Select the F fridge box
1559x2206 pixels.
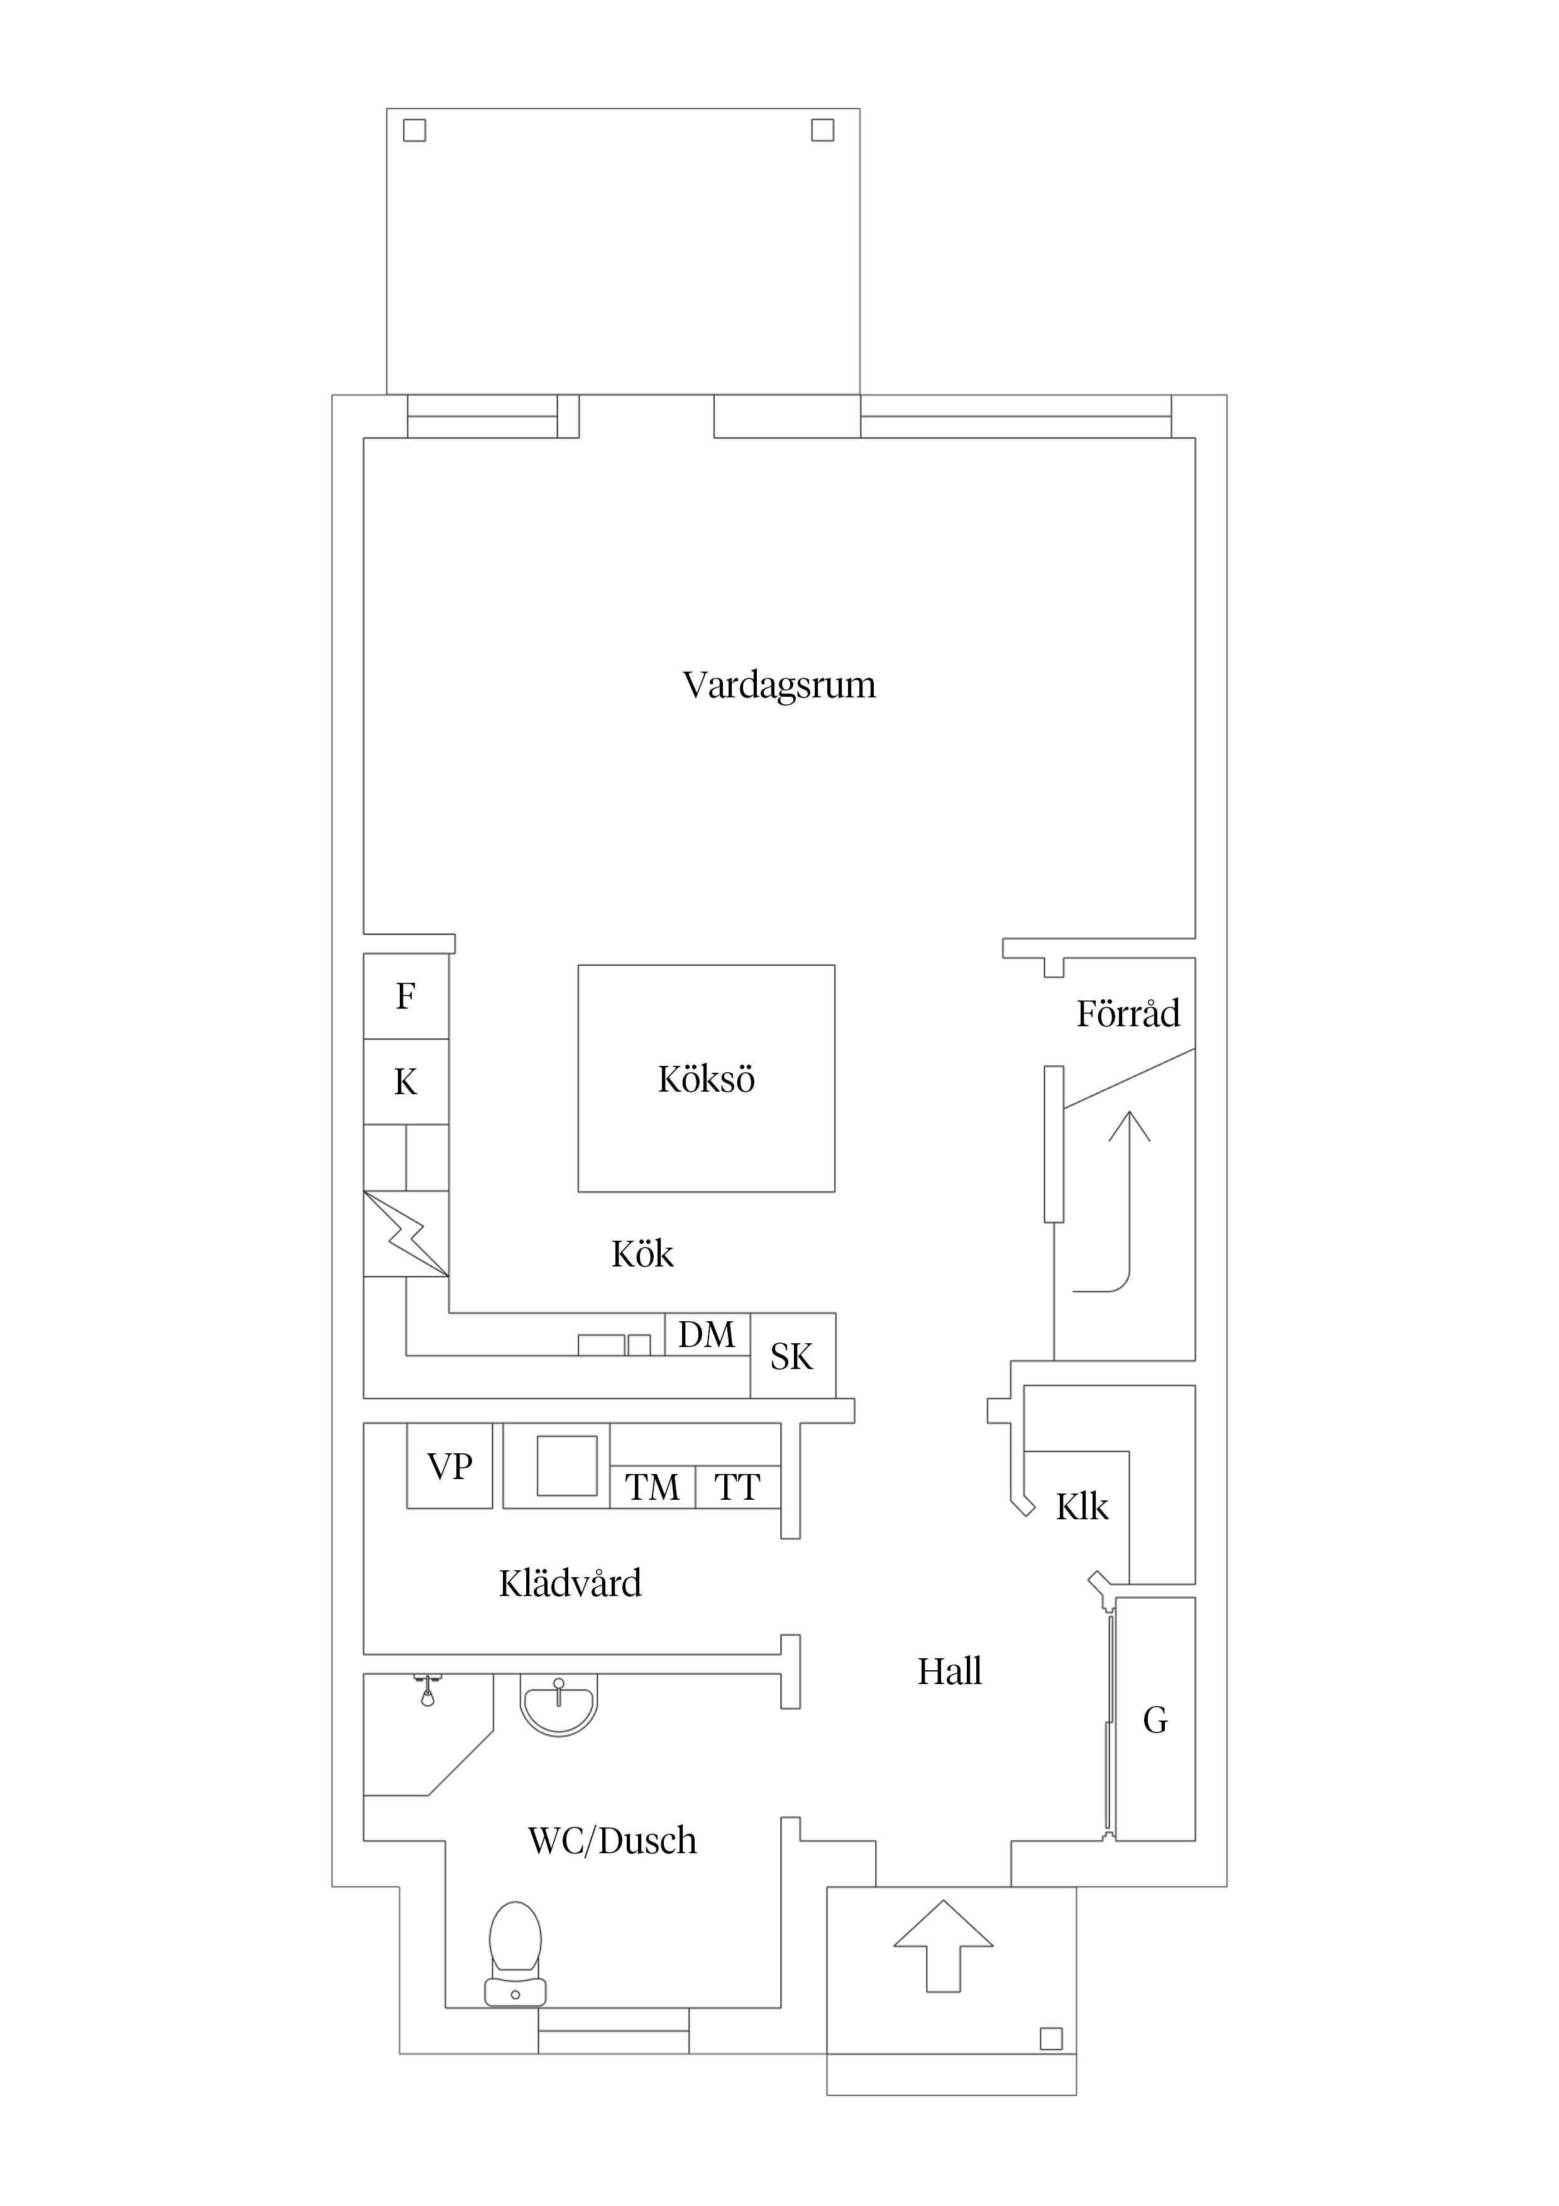click(405, 996)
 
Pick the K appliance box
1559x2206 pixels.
click(405, 1082)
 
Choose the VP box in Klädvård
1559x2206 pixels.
click(449, 1466)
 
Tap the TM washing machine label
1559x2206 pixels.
click(653, 1487)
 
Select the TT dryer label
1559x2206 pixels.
click(737, 1487)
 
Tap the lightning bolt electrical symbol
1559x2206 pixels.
click(406, 1234)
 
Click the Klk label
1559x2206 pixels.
click(1082, 1507)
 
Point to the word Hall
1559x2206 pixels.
click(949, 1672)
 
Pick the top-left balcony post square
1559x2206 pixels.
click(414, 130)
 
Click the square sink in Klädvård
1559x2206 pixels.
click(567, 1465)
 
